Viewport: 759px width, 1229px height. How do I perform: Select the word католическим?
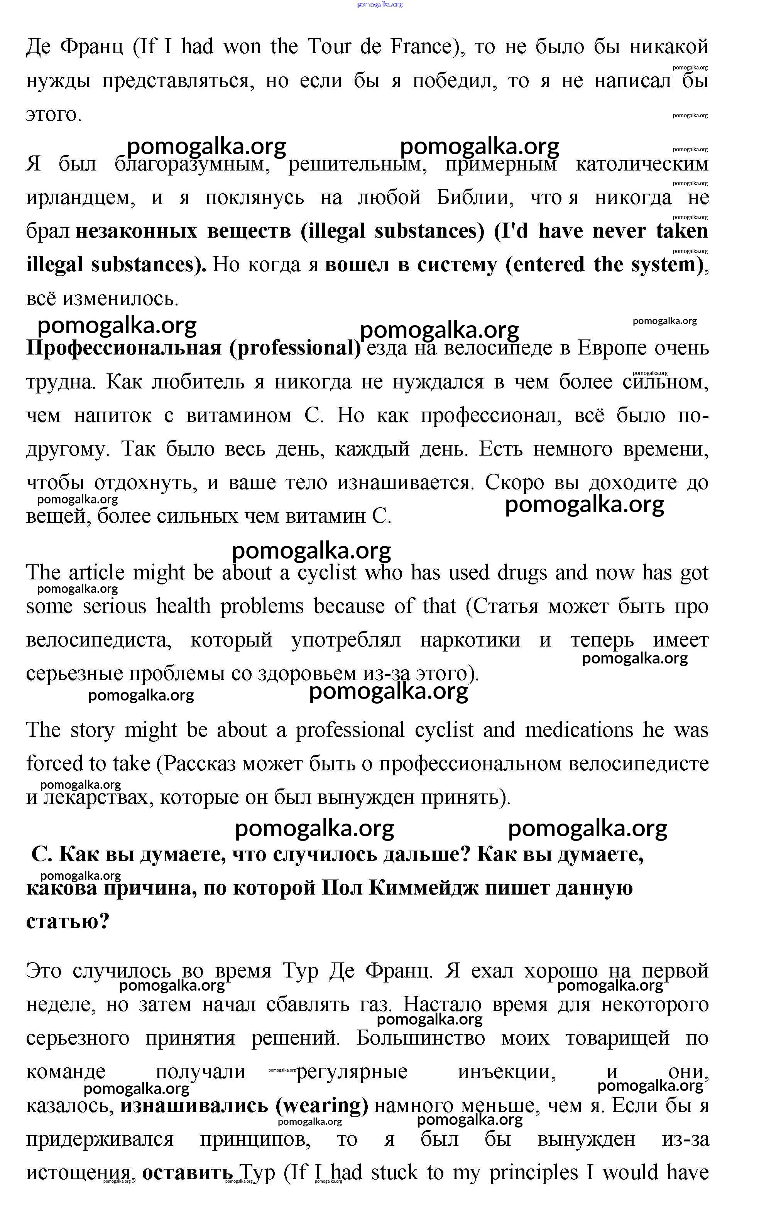642,164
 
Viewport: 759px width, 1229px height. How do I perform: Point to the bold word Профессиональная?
123,348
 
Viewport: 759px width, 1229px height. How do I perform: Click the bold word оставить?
188,1173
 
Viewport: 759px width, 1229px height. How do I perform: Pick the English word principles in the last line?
533,1173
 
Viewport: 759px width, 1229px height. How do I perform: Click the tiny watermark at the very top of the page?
380,5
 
